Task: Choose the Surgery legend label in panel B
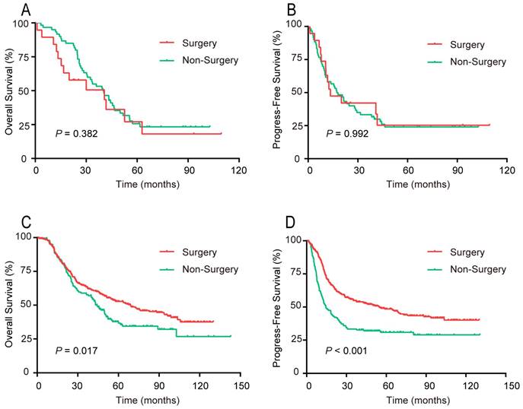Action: tap(470, 44)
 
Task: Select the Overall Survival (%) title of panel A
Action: tap(9, 89)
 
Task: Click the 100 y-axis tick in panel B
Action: tap(293, 25)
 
